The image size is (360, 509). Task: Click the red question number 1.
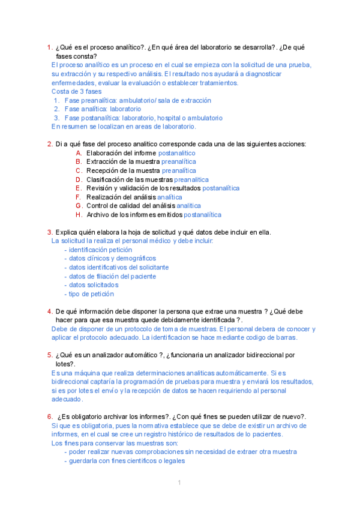pyautogui.click(x=50, y=47)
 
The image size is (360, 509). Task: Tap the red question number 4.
pyautogui.click(x=50, y=312)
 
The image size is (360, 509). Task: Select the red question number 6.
pyautogui.click(x=50, y=417)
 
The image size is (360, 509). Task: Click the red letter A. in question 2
pyautogui.click(x=79, y=153)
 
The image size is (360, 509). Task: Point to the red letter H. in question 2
pyautogui.click(x=79, y=214)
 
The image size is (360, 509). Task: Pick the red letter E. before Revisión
pyautogui.click(x=79, y=188)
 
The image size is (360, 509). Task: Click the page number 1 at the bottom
pyautogui.click(x=179, y=483)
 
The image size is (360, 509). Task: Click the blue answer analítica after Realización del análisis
pyautogui.click(x=170, y=197)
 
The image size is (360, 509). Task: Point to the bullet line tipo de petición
pyautogui.click(x=91, y=294)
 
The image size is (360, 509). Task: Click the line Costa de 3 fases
pyautogui.click(x=76, y=91)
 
